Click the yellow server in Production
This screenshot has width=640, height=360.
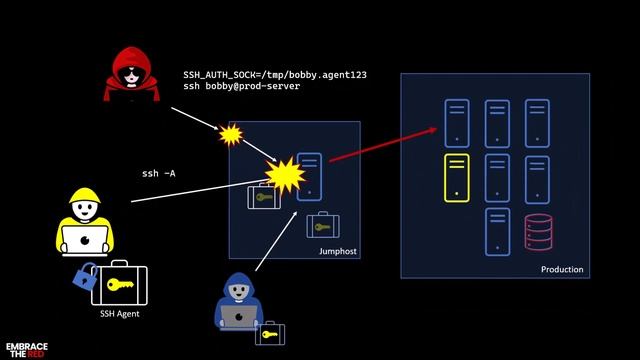pyautogui.click(x=456, y=178)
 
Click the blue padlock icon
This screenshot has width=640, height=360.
pyautogui.click(x=84, y=276)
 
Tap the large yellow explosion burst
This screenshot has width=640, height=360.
pyautogui.click(x=286, y=175)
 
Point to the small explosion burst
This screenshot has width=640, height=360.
pyautogui.click(x=232, y=134)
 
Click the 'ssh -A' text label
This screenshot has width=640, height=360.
pyautogui.click(x=158, y=174)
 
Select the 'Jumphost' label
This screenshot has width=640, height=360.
pyautogui.click(x=337, y=251)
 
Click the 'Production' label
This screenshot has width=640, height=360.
pyautogui.click(x=562, y=270)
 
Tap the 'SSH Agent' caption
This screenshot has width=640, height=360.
pyautogui.click(x=119, y=314)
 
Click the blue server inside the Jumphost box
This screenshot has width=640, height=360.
pyautogui.click(x=310, y=176)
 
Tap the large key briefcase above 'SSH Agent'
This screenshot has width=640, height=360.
pyautogui.click(x=119, y=285)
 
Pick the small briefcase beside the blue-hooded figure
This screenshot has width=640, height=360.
pyautogui.click(x=269, y=333)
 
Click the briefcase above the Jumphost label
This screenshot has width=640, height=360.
pyautogui.click(x=322, y=226)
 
